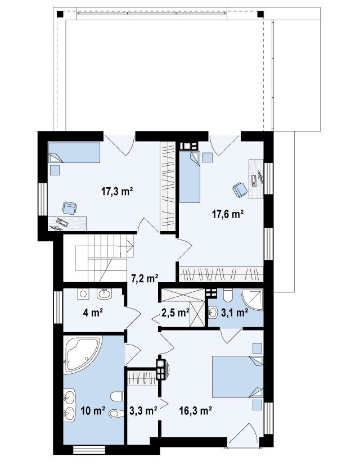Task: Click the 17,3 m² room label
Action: pos(117,191)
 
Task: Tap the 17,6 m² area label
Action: pos(228,214)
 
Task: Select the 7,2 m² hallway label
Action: pos(145,278)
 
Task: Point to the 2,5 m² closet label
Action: pos(175,313)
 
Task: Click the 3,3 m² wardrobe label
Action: pos(143,411)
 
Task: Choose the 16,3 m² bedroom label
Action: pos(195,411)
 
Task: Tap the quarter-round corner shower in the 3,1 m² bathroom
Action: pos(253,299)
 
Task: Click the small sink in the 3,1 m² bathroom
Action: pos(213,313)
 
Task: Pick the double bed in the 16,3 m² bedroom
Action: pos(237,377)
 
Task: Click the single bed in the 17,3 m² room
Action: pos(74,152)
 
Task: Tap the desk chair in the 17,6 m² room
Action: pos(240,189)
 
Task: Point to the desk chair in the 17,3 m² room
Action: pos(70,208)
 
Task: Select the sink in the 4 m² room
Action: pos(104,294)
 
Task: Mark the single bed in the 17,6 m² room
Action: pos(190,177)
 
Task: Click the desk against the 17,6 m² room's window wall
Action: pos(256,178)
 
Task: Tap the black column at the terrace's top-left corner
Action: pos(61,14)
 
